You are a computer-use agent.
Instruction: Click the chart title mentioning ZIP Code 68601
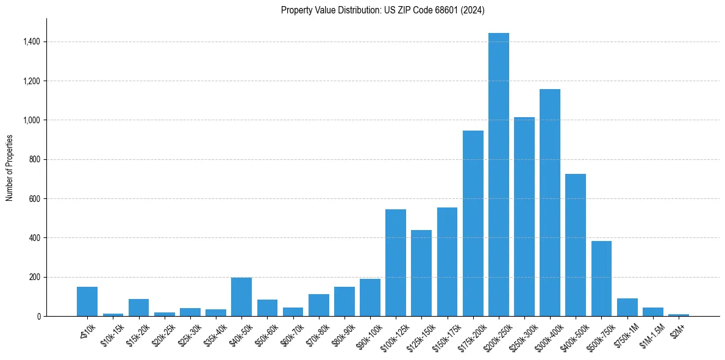[x=382, y=10]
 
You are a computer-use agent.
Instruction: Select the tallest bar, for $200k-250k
[x=498, y=175]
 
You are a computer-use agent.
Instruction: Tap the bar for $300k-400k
[x=549, y=203]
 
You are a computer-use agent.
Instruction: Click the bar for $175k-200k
[x=473, y=223]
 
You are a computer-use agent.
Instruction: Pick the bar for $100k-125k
[x=396, y=262]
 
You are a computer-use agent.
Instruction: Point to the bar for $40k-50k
[x=241, y=297]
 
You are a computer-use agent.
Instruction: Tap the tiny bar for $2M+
[x=678, y=315]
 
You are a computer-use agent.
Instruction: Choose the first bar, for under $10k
[x=87, y=301]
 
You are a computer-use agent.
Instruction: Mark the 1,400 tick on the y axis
[x=32, y=42]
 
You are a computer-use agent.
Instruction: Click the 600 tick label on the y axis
[x=34, y=199]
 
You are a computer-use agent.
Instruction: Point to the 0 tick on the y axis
[x=38, y=317]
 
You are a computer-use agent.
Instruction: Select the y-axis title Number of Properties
[x=10, y=168]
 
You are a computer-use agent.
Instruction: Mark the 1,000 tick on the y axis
[x=32, y=120]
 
